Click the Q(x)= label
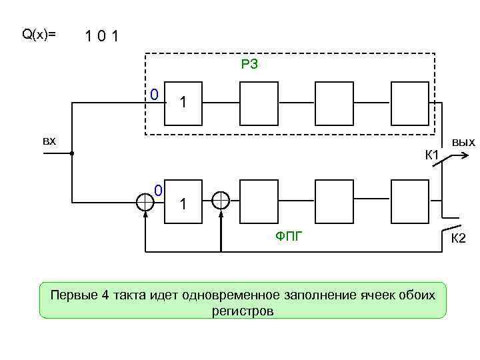(x=39, y=35)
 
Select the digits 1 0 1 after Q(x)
(x=101, y=35)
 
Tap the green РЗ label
(x=249, y=65)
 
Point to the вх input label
(x=49, y=141)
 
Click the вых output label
(x=463, y=142)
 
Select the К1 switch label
(x=431, y=156)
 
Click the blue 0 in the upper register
(x=153, y=94)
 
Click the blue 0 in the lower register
(x=159, y=191)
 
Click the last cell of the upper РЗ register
(x=409, y=103)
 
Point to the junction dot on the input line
(x=71, y=153)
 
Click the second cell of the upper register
(x=258, y=103)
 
